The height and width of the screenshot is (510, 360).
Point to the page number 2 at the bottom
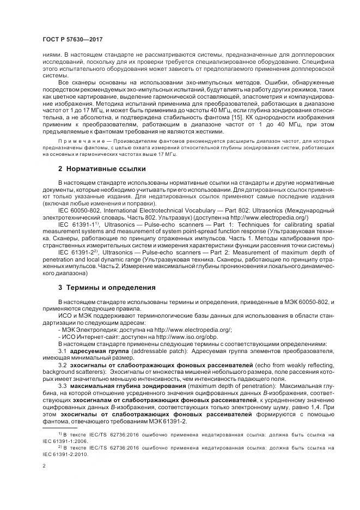pos(44,466)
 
